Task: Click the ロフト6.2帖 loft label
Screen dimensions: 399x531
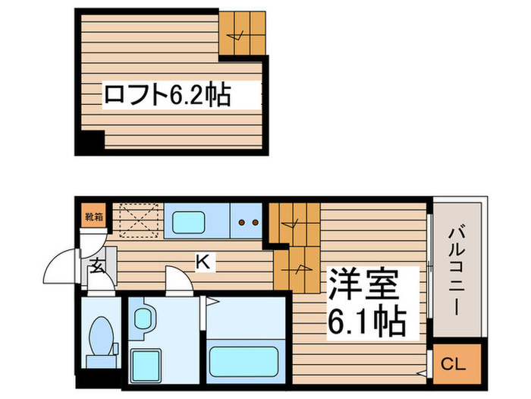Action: point(167,96)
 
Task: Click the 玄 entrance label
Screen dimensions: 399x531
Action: point(99,266)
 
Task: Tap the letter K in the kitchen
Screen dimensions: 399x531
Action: point(203,262)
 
